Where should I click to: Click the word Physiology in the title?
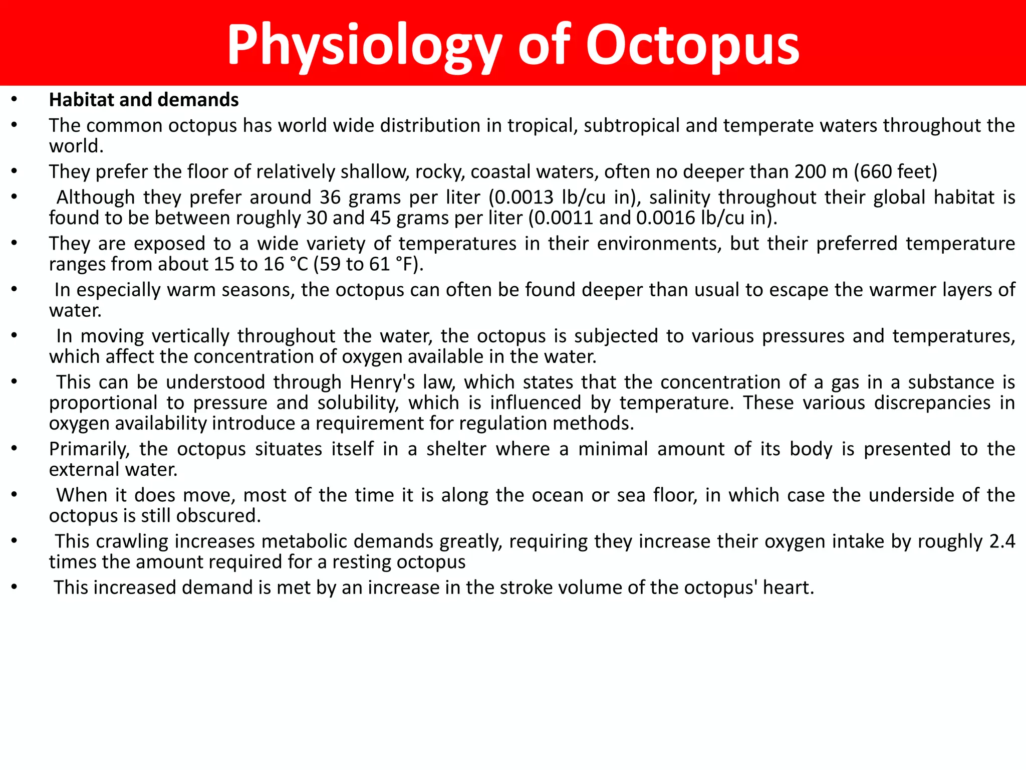pyautogui.click(x=364, y=46)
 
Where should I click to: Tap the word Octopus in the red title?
pyautogui.click(x=693, y=46)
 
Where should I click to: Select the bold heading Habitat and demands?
pyautogui.click(x=144, y=100)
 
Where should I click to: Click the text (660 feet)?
pyautogui.click(x=895, y=171)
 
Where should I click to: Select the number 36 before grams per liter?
pyautogui.click(x=330, y=197)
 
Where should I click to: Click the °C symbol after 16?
pyautogui.click(x=300, y=264)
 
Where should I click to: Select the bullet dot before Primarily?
pyautogui.click(x=15, y=449)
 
